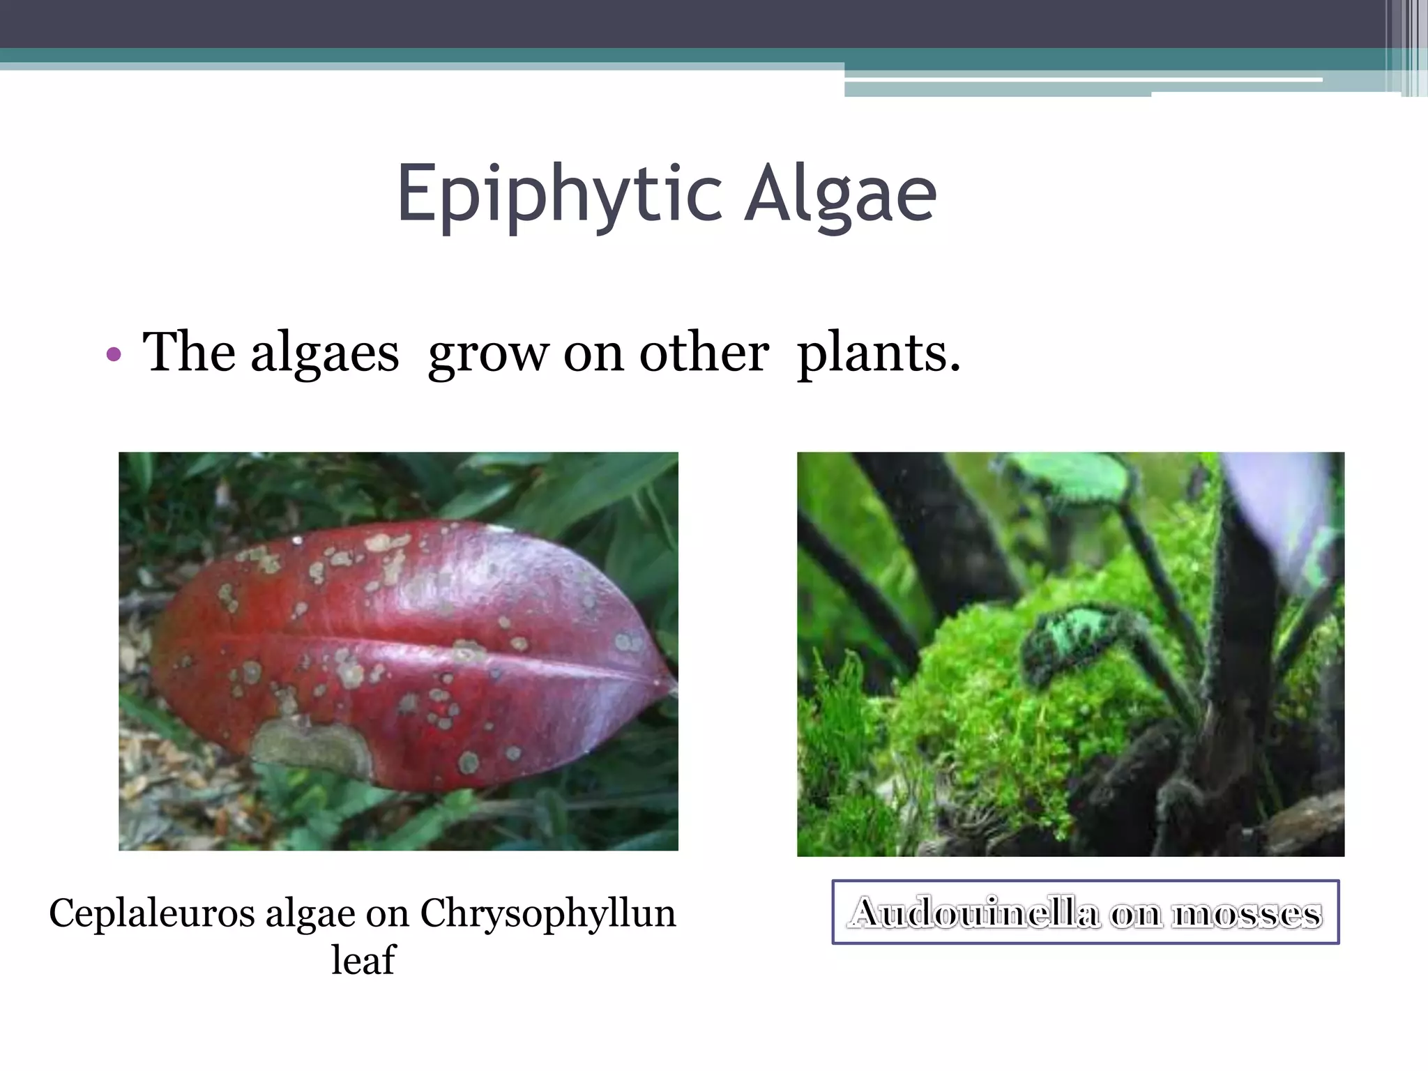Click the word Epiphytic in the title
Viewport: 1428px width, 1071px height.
point(558,194)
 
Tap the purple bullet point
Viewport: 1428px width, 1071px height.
point(114,355)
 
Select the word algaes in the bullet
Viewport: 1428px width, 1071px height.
point(324,354)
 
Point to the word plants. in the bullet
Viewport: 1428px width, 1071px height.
point(879,354)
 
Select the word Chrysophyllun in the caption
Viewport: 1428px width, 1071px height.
point(547,913)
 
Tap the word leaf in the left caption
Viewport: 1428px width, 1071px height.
point(363,960)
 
